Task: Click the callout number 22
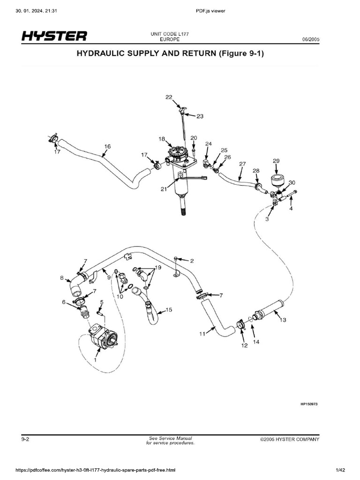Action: click(x=169, y=97)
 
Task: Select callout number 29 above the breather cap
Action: click(x=276, y=161)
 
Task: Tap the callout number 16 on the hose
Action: click(x=107, y=146)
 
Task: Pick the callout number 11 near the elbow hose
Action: click(x=202, y=334)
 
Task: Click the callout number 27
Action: click(x=242, y=164)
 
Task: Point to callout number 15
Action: click(x=169, y=310)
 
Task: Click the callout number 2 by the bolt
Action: click(x=192, y=260)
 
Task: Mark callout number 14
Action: click(x=256, y=342)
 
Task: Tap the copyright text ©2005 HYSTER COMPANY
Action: click(x=290, y=439)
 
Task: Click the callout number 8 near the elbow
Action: click(x=61, y=278)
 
